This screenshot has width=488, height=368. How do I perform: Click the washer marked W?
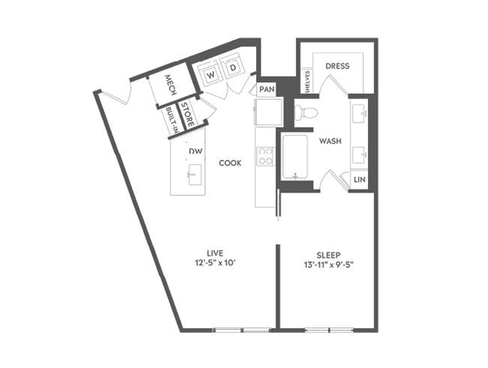(x=211, y=74)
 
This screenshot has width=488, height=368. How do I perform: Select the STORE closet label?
(x=188, y=119)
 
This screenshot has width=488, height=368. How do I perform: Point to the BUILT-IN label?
(x=171, y=121)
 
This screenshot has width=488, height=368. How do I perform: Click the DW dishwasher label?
(x=195, y=152)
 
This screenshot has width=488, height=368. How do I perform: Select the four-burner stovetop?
(x=266, y=155)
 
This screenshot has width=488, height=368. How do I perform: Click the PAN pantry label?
(x=267, y=89)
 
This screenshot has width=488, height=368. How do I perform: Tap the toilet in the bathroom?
(x=306, y=113)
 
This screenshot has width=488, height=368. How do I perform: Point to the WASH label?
(x=330, y=141)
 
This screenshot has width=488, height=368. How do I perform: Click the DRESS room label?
(x=337, y=66)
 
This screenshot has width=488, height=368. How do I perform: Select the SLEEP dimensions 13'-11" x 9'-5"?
(x=327, y=263)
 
